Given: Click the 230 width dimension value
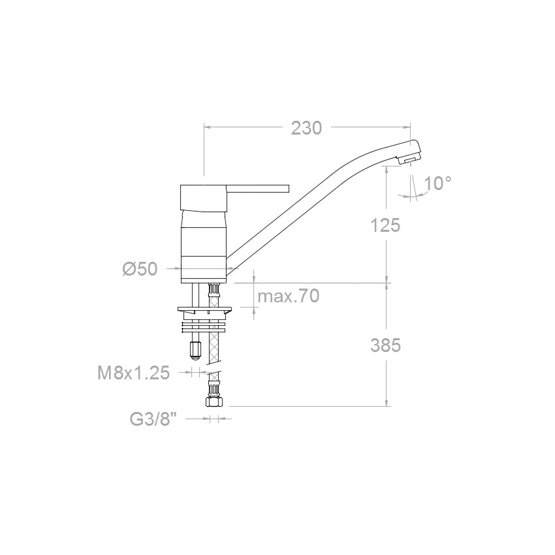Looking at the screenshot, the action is [x=306, y=128].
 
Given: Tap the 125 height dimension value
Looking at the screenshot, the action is [x=385, y=225].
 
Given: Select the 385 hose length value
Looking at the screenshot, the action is [x=385, y=345].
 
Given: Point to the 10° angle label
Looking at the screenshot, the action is [x=437, y=183].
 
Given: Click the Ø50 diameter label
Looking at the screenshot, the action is [x=140, y=270].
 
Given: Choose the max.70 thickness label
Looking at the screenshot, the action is [x=289, y=296].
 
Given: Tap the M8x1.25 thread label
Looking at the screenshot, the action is [x=133, y=373].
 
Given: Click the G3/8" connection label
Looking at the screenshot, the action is [x=153, y=419].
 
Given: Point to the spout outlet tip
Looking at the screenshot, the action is [x=409, y=161].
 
